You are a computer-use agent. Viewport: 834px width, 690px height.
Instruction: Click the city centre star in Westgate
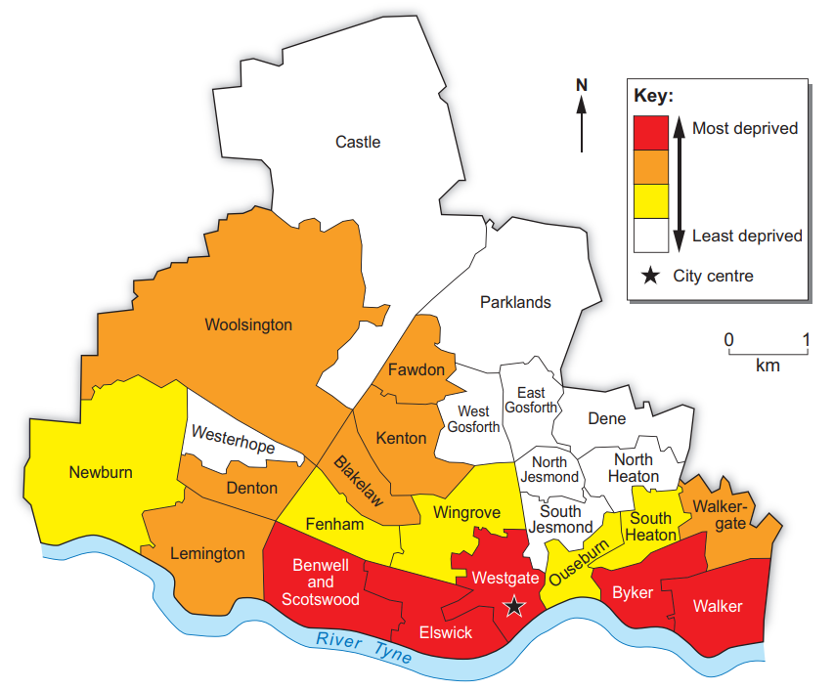point(514,607)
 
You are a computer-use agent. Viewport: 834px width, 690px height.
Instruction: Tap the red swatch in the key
point(650,132)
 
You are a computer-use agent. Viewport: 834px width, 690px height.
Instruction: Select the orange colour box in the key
point(650,167)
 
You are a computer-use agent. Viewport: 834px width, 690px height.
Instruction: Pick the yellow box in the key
point(650,201)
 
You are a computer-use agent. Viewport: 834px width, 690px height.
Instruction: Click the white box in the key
point(650,236)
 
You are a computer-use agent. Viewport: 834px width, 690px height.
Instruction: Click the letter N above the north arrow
point(582,85)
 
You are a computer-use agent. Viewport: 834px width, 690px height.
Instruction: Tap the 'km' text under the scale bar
point(768,366)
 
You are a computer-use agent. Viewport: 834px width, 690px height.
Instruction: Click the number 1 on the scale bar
point(806,339)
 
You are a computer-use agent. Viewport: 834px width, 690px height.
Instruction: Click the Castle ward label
point(358,142)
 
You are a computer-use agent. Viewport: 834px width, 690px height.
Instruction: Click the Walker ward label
point(717,606)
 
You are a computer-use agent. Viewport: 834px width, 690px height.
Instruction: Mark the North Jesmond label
point(549,470)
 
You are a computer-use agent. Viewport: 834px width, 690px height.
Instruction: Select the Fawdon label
point(416,370)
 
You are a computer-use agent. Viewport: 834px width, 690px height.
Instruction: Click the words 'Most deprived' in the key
point(745,128)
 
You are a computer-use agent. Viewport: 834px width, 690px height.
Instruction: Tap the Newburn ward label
point(101,473)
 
